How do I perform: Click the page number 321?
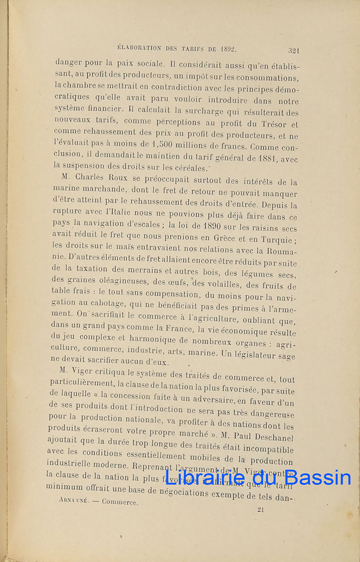(x=294, y=50)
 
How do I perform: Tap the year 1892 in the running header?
(x=226, y=48)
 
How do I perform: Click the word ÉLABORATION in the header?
(x=139, y=47)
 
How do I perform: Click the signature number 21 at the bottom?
(x=261, y=510)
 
